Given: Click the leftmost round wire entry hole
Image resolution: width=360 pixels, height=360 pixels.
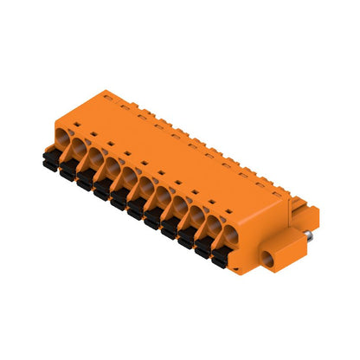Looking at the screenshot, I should coord(62,137).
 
